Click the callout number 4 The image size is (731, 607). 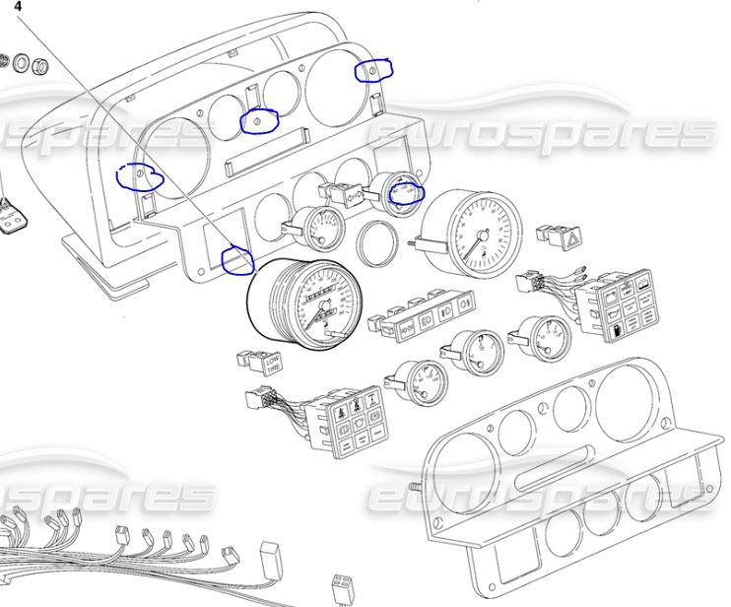point(17,5)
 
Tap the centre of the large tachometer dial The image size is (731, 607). point(481,233)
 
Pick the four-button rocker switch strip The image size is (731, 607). point(426,310)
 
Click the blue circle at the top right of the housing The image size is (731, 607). point(374,70)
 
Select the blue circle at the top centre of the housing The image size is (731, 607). point(259,119)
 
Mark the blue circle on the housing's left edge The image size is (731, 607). point(140,175)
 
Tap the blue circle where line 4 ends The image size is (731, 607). point(237,259)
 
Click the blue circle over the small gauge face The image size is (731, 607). point(406,192)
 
